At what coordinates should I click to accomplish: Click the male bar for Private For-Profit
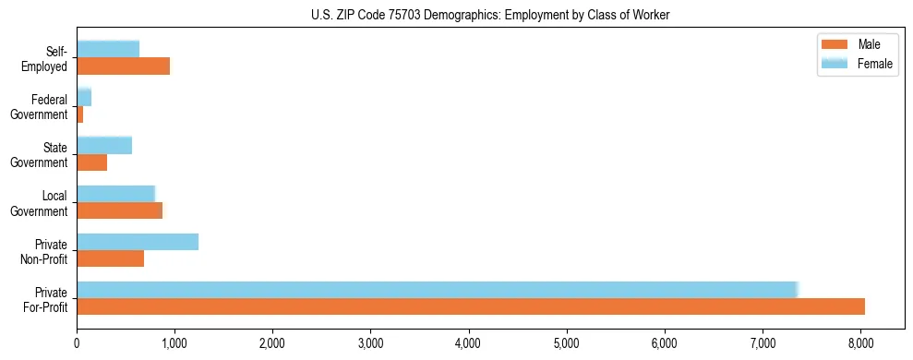tap(471, 306)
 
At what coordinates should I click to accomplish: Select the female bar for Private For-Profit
tap(437, 289)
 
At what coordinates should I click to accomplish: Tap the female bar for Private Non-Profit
tap(138, 241)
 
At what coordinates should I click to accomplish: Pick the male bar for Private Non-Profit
tap(110, 258)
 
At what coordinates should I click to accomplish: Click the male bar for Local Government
tap(119, 210)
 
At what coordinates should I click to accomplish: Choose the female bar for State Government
tap(104, 145)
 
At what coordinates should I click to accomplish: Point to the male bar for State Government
tap(91, 162)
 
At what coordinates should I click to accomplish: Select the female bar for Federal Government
tap(84, 97)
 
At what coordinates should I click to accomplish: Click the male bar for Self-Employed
tap(123, 66)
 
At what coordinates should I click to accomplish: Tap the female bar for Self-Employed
tap(108, 49)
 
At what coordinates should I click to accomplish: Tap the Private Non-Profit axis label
tap(45, 250)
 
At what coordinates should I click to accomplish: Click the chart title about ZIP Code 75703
tap(490, 14)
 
